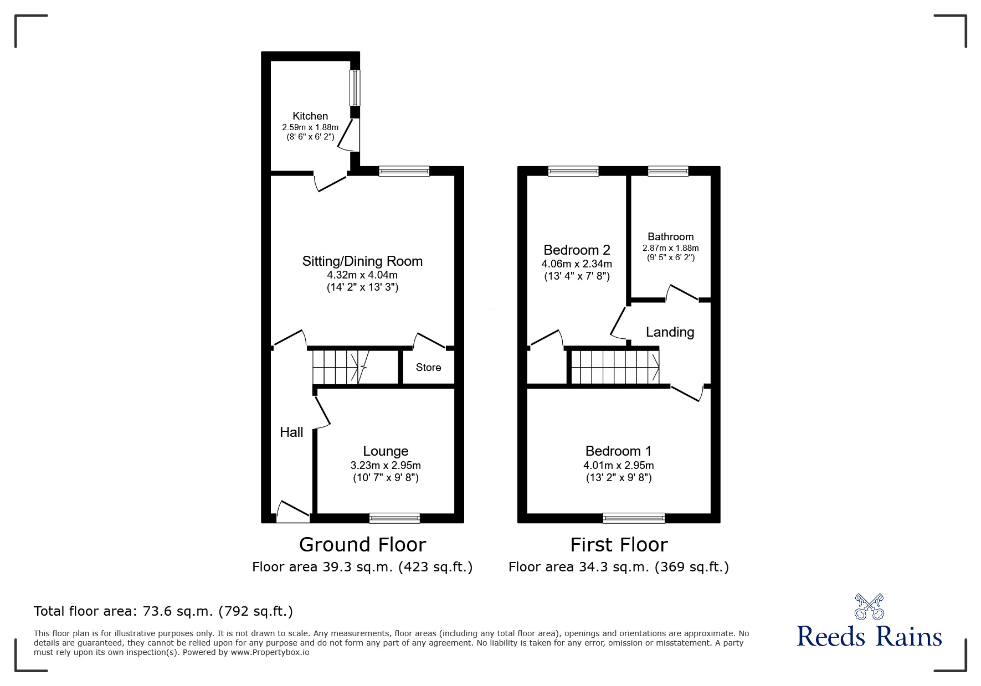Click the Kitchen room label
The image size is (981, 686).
310,116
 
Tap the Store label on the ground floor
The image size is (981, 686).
428,367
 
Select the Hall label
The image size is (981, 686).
291,432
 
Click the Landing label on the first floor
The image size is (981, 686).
670,332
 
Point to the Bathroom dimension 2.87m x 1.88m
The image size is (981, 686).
670,248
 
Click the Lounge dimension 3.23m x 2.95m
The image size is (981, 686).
386,466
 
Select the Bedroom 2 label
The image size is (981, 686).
577,250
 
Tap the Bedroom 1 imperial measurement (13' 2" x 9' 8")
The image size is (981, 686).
619,477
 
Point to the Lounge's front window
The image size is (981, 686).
394,518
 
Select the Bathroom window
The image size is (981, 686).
668,171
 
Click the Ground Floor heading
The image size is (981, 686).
362,544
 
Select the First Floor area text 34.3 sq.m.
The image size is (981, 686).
618,566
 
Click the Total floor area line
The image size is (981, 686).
163,611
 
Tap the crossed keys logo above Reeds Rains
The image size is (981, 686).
869,607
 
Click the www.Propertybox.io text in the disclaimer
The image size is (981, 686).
270,652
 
